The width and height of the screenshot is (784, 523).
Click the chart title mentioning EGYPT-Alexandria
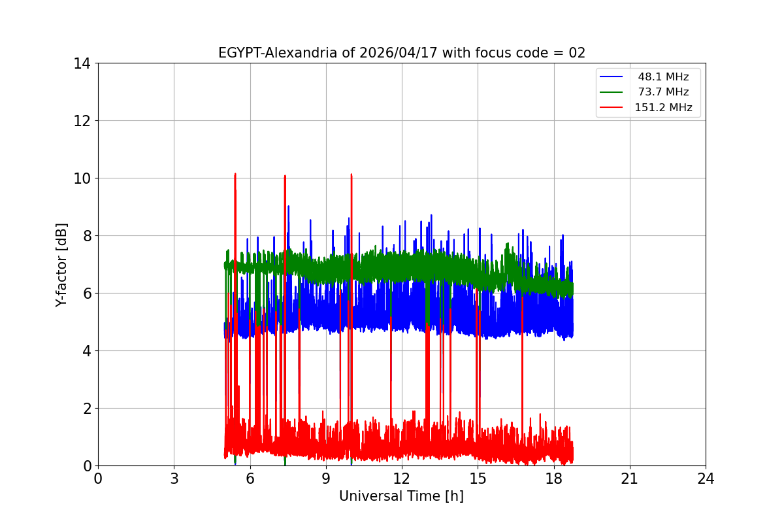(x=401, y=53)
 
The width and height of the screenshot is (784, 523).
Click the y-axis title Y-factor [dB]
(x=61, y=265)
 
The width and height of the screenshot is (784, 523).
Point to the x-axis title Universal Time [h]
(x=401, y=496)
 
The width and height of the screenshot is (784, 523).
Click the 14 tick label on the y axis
(x=82, y=63)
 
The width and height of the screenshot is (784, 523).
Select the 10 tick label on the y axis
(x=82, y=178)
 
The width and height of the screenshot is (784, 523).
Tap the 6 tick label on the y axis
(x=86, y=294)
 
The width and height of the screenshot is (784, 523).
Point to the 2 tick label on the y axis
(x=86, y=409)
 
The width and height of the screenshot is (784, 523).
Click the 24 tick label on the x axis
(x=706, y=479)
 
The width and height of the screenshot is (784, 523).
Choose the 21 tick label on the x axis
(x=630, y=479)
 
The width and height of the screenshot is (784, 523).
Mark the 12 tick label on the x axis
(x=402, y=479)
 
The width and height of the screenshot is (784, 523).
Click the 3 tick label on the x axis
(x=174, y=479)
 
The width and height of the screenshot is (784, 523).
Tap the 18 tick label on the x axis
(x=554, y=479)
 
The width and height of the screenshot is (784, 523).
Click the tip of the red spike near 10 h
(x=351, y=175)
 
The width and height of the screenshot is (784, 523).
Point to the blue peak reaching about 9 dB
(x=288, y=207)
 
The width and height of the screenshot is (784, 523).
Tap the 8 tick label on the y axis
(x=86, y=236)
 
